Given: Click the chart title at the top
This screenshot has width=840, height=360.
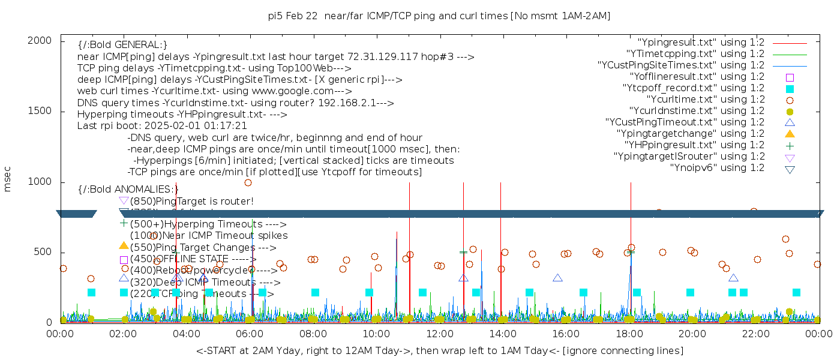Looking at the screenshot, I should point(439,16).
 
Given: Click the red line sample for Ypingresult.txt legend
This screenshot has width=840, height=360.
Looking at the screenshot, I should point(790,43).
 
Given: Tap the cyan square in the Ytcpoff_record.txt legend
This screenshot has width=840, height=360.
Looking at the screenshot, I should point(790,88).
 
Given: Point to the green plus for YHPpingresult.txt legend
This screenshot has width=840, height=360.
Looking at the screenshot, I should point(790,145).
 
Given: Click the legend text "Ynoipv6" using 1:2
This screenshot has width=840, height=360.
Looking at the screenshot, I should point(717,168).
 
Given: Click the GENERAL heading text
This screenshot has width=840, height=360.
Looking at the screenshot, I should point(122,45).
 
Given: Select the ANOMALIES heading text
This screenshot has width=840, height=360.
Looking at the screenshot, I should point(128,189).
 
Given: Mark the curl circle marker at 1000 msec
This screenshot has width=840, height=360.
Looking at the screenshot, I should point(248,182).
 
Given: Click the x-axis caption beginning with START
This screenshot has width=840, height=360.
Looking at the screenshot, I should point(439,350).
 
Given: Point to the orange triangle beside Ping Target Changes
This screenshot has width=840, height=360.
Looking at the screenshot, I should point(124,245).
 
